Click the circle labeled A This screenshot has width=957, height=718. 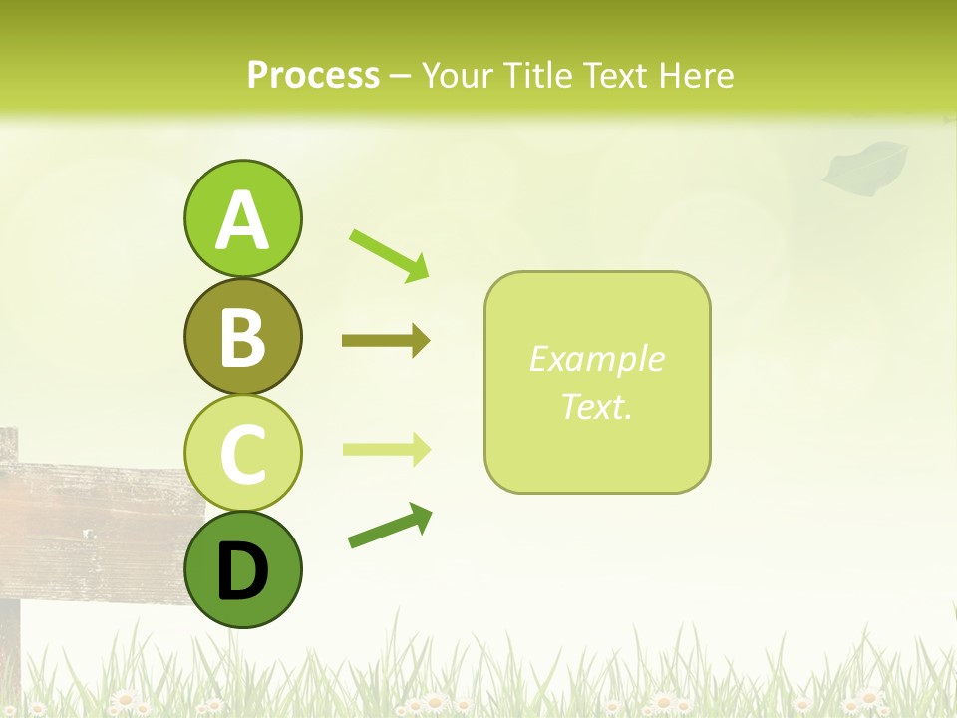tap(242, 219)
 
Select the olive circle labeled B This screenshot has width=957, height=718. tap(242, 337)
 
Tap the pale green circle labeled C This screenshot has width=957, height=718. tap(242, 454)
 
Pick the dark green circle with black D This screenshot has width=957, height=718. tap(242, 570)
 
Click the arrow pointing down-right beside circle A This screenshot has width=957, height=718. tap(389, 255)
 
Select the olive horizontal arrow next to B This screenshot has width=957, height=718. tap(386, 341)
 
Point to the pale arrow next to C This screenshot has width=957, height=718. tap(386, 449)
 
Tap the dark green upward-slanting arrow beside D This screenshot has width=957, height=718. tap(390, 526)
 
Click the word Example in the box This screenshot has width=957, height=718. tap(596, 359)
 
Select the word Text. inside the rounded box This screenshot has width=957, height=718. tap(596, 406)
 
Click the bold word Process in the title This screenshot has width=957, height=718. tap(313, 75)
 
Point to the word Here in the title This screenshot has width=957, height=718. tap(698, 75)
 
